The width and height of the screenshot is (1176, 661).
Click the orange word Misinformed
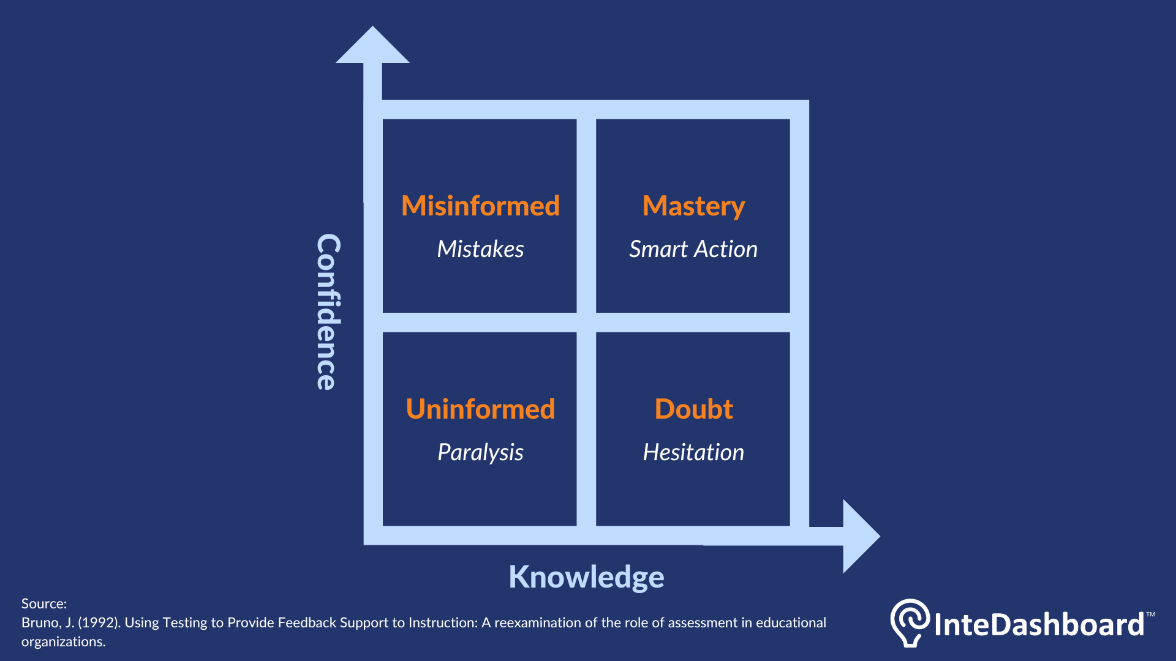480,206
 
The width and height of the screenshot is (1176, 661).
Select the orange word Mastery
693,206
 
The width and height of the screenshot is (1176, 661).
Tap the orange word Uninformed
480,409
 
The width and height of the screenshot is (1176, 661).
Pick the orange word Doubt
693,409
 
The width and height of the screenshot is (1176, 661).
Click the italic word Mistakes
480,249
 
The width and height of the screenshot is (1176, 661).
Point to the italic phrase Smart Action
693,249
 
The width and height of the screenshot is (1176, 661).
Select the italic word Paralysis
480,452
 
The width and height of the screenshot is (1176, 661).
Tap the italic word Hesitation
693,452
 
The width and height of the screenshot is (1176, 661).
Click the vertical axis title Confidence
328,312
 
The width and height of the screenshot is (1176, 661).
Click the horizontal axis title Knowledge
586,577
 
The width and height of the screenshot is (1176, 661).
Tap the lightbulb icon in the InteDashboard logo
910,622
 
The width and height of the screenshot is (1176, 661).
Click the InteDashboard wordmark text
1039,624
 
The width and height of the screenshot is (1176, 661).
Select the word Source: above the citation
44,603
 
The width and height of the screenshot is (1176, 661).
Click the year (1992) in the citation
99,622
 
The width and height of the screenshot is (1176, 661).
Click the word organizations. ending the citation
63,641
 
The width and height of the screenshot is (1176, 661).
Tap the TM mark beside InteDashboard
1150,614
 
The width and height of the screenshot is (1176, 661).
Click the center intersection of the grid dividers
586,323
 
